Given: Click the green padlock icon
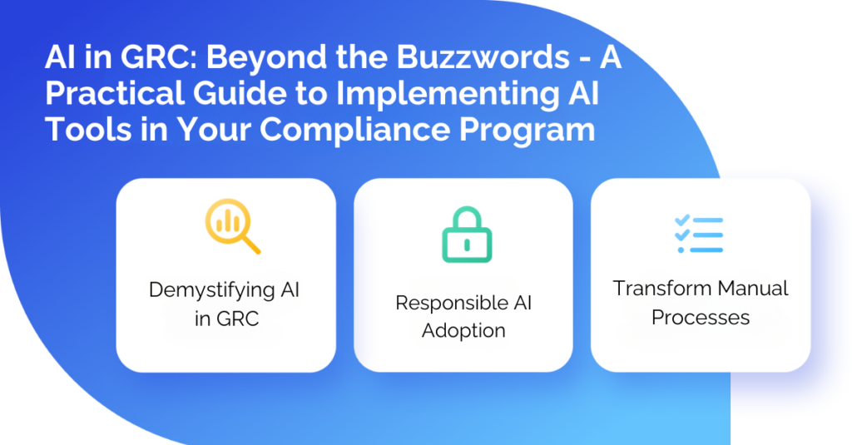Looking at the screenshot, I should [467, 236].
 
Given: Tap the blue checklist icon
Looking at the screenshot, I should [699, 235].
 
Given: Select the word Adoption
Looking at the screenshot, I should [463, 330].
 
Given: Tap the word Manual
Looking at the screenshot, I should [753, 289].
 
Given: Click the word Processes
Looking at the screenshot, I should [701, 317].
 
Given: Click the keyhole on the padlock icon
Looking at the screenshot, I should [467, 243].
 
